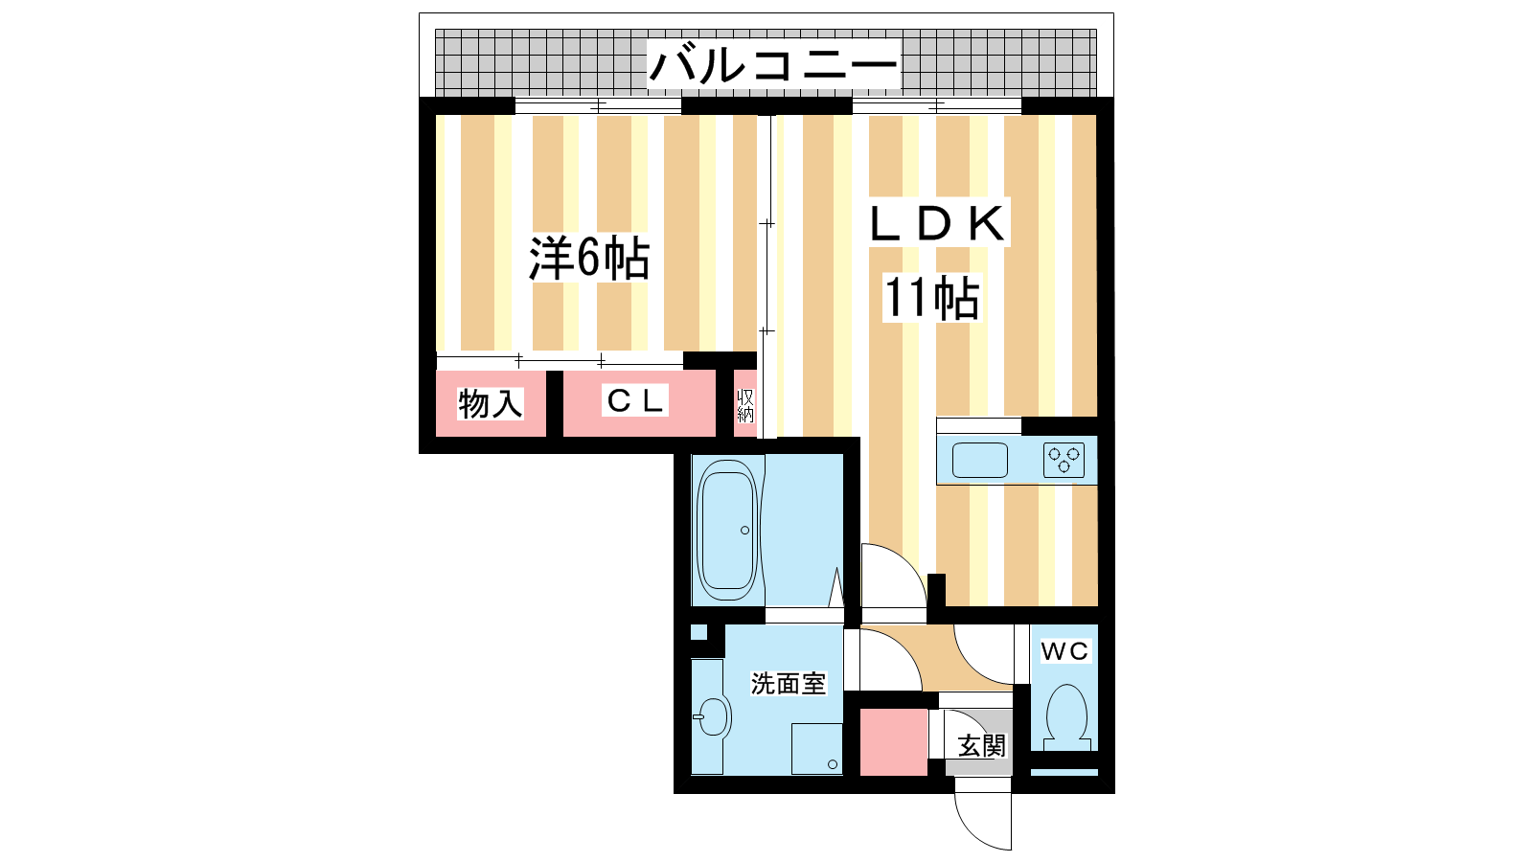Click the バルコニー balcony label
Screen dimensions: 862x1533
tap(773, 66)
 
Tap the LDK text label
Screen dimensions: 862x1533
tap(937, 224)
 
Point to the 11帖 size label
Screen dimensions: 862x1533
tap(930, 298)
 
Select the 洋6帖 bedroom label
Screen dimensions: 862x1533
tap(589, 258)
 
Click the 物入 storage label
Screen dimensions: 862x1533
tap(490, 403)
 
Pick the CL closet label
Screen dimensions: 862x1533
tap(635, 401)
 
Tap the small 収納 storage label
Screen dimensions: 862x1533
tap(745, 405)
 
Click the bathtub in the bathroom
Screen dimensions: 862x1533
tap(728, 530)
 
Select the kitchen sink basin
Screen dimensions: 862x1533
tap(980, 461)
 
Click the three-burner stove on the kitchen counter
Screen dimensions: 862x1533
tap(1064, 461)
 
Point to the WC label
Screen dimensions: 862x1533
tap(1064, 651)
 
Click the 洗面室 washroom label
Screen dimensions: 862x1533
tap(788, 684)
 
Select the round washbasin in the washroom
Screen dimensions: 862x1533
tap(712, 715)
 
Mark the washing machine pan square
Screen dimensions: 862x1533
tap(816, 748)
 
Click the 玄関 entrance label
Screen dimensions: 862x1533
tap(982, 745)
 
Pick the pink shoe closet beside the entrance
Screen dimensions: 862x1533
tap(893, 742)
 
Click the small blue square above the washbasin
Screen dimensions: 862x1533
tap(698, 632)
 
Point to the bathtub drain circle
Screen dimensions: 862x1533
tap(744, 530)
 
